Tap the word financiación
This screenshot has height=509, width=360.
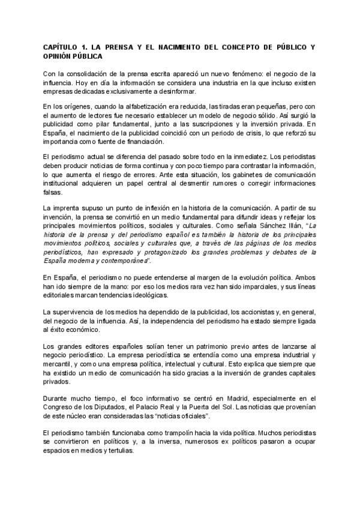(x=143, y=142)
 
